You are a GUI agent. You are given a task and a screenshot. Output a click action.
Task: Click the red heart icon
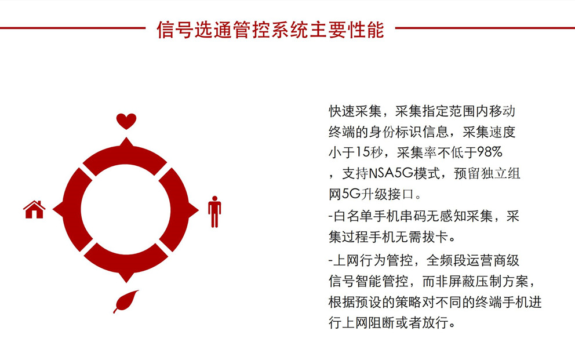coord(126,121)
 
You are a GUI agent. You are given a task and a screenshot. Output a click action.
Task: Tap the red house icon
coord(34,210)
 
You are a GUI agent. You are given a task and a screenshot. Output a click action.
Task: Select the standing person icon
coord(214,212)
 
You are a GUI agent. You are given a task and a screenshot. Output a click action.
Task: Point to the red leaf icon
coord(126,301)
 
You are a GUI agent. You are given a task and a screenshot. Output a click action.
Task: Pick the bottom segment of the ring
coord(126,263)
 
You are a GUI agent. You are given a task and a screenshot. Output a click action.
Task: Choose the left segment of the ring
coord(71,210)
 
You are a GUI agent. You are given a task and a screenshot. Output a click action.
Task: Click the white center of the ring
coord(126,210)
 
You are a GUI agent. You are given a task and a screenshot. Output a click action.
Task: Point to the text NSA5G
coord(391,173)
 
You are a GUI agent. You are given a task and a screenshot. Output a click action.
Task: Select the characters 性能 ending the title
coord(366,30)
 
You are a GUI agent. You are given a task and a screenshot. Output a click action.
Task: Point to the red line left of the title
coord(72,28)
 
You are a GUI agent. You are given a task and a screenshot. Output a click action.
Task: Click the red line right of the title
coord(485,28)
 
